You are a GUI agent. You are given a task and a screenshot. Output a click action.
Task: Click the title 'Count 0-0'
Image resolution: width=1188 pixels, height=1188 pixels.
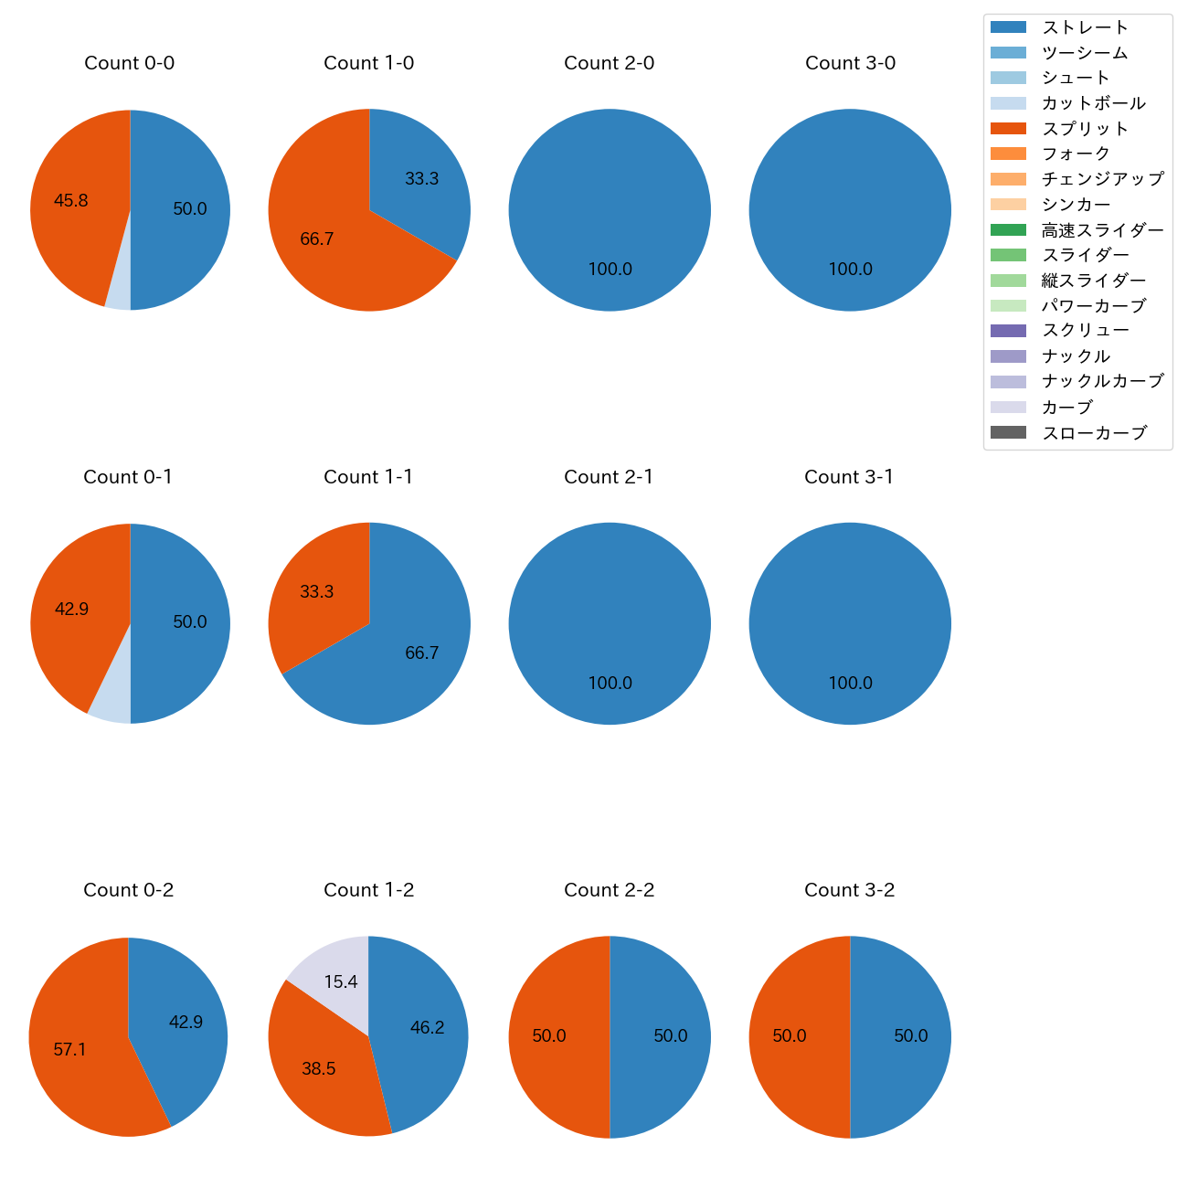click(130, 63)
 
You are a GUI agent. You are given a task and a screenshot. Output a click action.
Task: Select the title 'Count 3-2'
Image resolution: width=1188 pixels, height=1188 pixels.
click(849, 890)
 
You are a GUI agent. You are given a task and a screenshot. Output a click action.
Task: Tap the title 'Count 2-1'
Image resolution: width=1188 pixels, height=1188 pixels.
click(609, 477)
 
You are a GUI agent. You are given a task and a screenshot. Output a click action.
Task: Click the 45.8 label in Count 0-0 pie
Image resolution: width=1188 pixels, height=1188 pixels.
click(71, 200)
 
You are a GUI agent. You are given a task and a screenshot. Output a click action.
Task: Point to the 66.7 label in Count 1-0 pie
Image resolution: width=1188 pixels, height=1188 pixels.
click(317, 239)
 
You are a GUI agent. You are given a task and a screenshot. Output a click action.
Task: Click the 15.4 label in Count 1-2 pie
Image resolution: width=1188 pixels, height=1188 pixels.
click(341, 981)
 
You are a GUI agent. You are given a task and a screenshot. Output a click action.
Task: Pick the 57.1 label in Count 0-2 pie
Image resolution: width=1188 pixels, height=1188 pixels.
click(69, 1050)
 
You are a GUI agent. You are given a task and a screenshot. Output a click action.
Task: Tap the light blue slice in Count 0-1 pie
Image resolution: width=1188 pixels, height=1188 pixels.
click(111, 705)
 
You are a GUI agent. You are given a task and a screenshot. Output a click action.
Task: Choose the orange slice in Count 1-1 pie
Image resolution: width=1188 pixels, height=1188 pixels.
click(315, 594)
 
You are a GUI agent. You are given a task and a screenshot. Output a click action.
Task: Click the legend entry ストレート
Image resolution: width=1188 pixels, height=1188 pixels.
click(1085, 27)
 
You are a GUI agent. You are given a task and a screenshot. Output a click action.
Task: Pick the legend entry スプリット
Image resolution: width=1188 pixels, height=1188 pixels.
click(1085, 129)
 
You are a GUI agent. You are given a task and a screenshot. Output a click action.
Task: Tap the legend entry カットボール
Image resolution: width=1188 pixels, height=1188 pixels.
click(1093, 103)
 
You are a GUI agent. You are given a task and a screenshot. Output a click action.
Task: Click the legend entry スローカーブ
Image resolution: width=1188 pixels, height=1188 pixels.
click(1094, 433)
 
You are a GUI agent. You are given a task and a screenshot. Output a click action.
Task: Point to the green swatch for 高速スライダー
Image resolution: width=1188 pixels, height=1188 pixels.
click(1008, 230)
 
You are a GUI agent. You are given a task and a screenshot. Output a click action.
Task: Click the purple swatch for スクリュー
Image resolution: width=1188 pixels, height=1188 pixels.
click(1008, 331)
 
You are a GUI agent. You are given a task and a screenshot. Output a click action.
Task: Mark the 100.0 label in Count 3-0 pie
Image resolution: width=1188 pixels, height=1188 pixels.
click(850, 270)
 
